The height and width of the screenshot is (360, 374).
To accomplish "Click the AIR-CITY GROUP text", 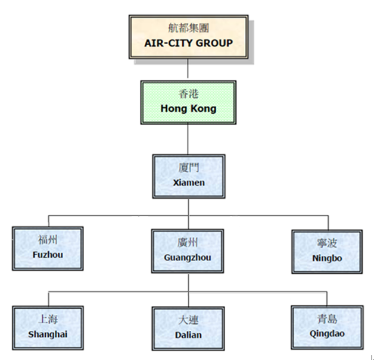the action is coord(188,43).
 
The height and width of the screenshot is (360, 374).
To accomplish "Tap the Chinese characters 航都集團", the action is coord(188,28).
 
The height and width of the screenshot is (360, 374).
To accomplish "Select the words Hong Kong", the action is coord(188,109).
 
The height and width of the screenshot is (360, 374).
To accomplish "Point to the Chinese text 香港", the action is coord(188,94).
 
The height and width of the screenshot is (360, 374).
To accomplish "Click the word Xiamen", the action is coord(189,183).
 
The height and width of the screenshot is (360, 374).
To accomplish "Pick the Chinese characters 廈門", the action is coord(188,168).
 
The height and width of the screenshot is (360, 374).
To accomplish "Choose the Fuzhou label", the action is coord(48,255).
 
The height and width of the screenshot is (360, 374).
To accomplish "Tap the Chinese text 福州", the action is coord(48,240).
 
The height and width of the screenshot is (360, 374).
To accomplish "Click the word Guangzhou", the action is coord(188,258).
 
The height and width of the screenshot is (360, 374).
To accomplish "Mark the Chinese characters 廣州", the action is coord(188,243).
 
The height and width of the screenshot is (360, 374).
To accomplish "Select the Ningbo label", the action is coord(327,258).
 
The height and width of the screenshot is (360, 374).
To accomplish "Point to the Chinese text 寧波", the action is coord(327,243).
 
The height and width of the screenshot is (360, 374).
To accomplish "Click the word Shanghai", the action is coord(48,334).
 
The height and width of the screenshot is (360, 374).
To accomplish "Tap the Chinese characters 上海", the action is coord(48,319).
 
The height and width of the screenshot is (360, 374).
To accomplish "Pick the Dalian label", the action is coord(188,335).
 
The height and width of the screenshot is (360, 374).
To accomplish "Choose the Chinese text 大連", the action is coord(188,320).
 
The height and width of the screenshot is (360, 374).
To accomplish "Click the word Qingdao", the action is coord(327,334).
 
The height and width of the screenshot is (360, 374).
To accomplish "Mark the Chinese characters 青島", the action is coord(327,319).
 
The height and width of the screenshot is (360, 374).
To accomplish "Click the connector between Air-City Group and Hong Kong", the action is coord(188,68).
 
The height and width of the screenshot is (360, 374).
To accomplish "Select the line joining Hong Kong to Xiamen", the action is coord(188,139).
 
